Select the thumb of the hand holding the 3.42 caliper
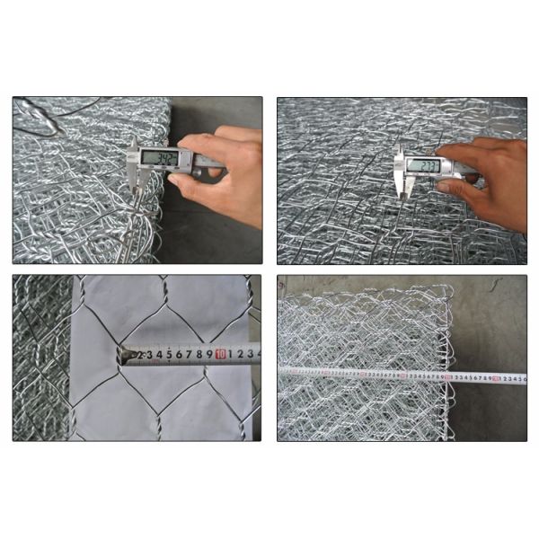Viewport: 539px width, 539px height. click(185, 179)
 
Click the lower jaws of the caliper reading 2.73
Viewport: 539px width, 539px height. click(405, 188)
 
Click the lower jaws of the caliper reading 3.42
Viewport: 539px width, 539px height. click(136, 184)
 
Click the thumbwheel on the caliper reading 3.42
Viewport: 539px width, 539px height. click(199, 167)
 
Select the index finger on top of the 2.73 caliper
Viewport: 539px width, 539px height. click(458, 150)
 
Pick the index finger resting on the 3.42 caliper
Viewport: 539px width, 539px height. click(202, 143)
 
